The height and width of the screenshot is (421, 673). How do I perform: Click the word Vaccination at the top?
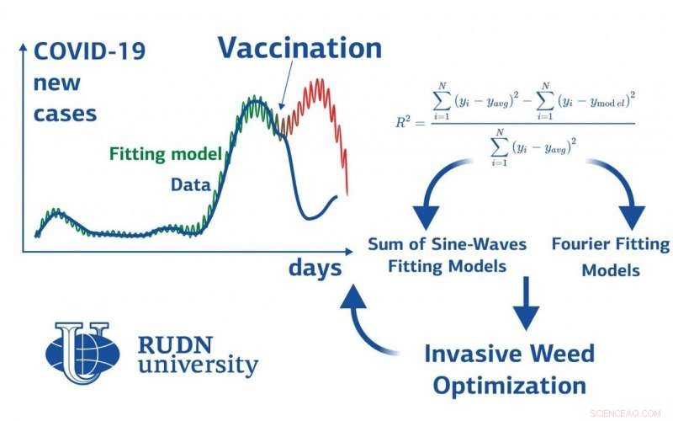299,48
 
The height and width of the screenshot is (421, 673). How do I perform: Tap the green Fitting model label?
165,154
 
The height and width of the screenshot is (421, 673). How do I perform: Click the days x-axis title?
315,268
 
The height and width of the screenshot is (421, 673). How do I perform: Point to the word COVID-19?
88,52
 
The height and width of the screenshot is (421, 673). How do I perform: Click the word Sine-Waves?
484,245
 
